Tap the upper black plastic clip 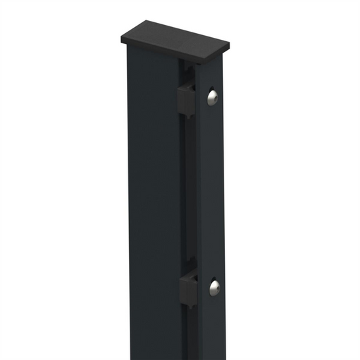pos(186,99)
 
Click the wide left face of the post pos(152,203)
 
